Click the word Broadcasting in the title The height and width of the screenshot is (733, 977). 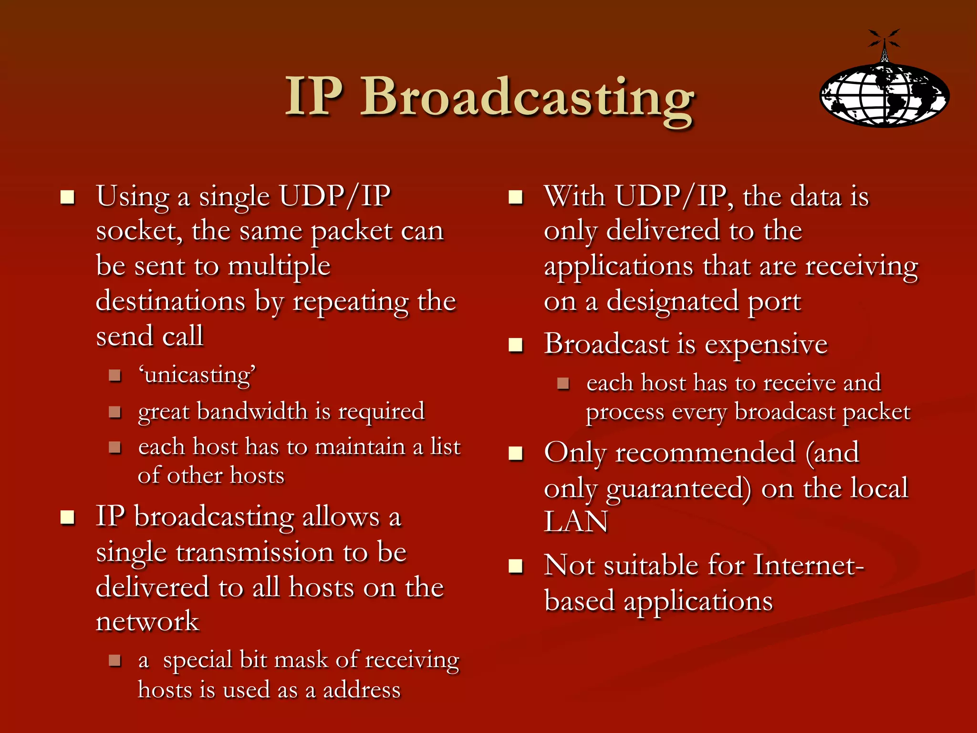(527, 98)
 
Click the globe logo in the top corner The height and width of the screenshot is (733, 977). (884, 95)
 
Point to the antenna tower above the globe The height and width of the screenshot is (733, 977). (884, 48)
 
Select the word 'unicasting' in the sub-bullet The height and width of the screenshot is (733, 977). (197, 375)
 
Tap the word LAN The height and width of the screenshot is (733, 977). (576, 522)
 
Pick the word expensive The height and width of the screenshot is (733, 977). (766, 345)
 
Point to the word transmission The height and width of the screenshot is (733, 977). (255, 553)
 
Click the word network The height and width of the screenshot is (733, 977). (147, 621)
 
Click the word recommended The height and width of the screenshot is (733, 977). (705, 452)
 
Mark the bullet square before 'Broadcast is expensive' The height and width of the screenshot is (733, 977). (516, 345)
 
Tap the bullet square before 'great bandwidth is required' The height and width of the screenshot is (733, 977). (114, 412)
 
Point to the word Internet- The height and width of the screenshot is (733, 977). (809, 566)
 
